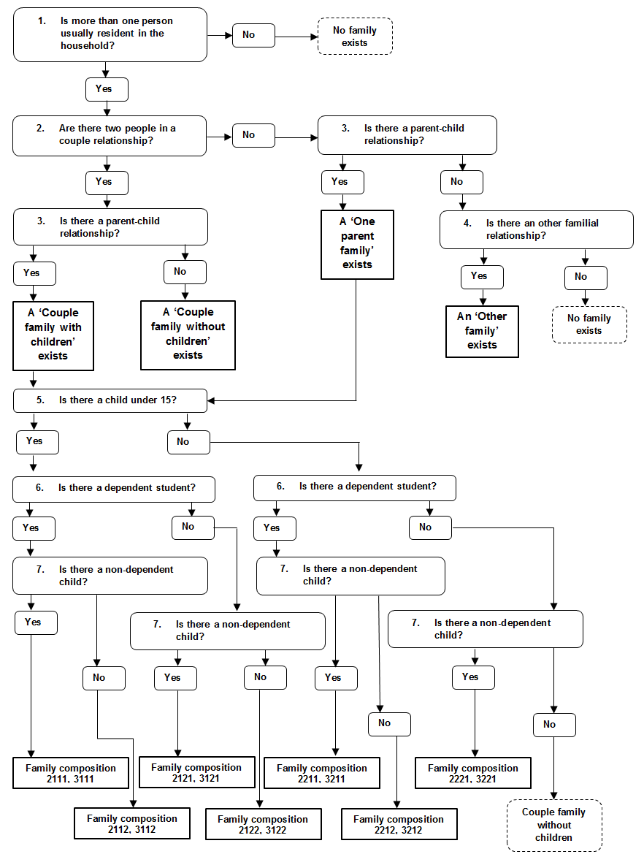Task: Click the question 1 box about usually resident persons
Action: click(x=110, y=35)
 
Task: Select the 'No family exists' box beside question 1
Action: click(x=355, y=36)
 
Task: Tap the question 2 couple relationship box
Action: click(x=110, y=134)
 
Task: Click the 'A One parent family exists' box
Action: click(x=357, y=244)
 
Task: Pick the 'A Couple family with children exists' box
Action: click(x=53, y=334)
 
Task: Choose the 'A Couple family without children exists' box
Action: click(x=188, y=334)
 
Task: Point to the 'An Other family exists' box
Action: click(x=482, y=331)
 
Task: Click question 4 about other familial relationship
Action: click(x=536, y=229)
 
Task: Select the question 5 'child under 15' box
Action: click(x=110, y=400)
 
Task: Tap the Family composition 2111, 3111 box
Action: click(x=71, y=774)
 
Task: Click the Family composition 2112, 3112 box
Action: click(x=132, y=824)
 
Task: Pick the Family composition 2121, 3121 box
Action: click(x=196, y=773)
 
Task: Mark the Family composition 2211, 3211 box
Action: click(x=322, y=774)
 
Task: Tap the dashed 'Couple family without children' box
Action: click(x=553, y=825)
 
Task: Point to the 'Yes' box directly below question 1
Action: click(x=107, y=89)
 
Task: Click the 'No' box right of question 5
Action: click(x=188, y=441)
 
